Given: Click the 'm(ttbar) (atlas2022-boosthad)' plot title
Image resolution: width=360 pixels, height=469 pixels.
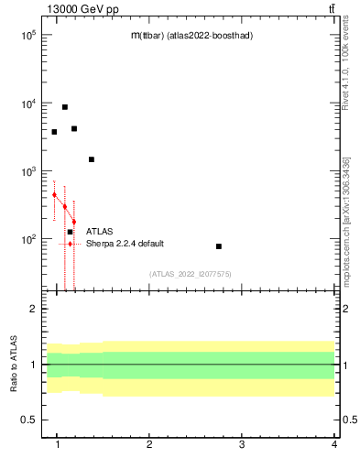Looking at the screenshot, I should (x=191, y=36).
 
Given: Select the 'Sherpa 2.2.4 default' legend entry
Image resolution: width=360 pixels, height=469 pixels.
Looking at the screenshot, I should (x=125, y=244).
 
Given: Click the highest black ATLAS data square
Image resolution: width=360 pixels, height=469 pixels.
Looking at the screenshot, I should (x=65, y=107).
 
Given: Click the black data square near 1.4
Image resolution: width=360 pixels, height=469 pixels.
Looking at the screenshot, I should (x=92, y=159).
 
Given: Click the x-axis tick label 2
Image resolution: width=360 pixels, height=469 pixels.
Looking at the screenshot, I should (x=149, y=445).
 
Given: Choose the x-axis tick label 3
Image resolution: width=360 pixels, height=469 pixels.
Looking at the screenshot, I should (x=242, y=445).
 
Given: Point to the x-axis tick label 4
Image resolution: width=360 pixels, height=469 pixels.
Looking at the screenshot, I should (x=334, y=445).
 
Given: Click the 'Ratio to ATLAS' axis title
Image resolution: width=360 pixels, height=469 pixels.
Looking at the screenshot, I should (x=14, y=365).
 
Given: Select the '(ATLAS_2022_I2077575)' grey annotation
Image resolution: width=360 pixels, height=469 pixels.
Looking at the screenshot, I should (x=191, y=274).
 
